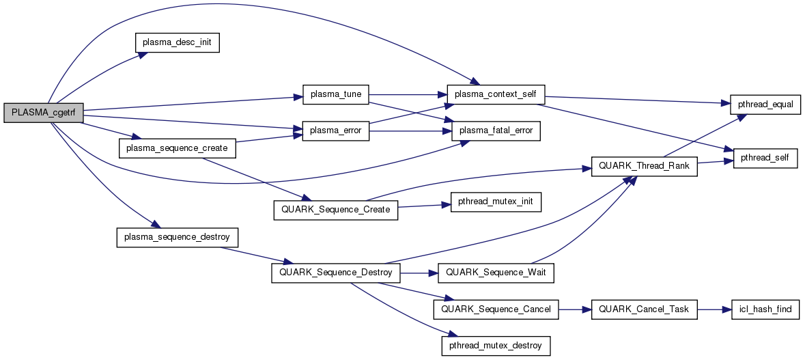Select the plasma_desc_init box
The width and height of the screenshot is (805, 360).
pyautogui.click(x=177, y=42)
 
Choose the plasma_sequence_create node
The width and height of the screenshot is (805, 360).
pyautogui.click(x=177, y=148)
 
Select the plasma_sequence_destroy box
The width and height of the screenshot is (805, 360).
pyautogui.click(x=177, y=237)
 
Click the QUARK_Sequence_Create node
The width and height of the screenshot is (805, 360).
pyautogui.click(x=335, y=209)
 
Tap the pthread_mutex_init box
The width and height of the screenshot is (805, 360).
pyautogui.click(x=496, y=202)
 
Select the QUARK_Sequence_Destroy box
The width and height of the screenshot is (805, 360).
pyautogui.click(x=335, y=273)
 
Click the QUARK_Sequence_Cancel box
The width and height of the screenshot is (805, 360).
pyautogui.click(x=496, y=309)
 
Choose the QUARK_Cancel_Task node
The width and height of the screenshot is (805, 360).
pyautogui.click(x=644, y=309)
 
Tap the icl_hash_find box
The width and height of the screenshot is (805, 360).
pyautogui.click(x=764, y=309)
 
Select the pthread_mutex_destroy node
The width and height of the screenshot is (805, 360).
pyautogui.click(x=496, y=345)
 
